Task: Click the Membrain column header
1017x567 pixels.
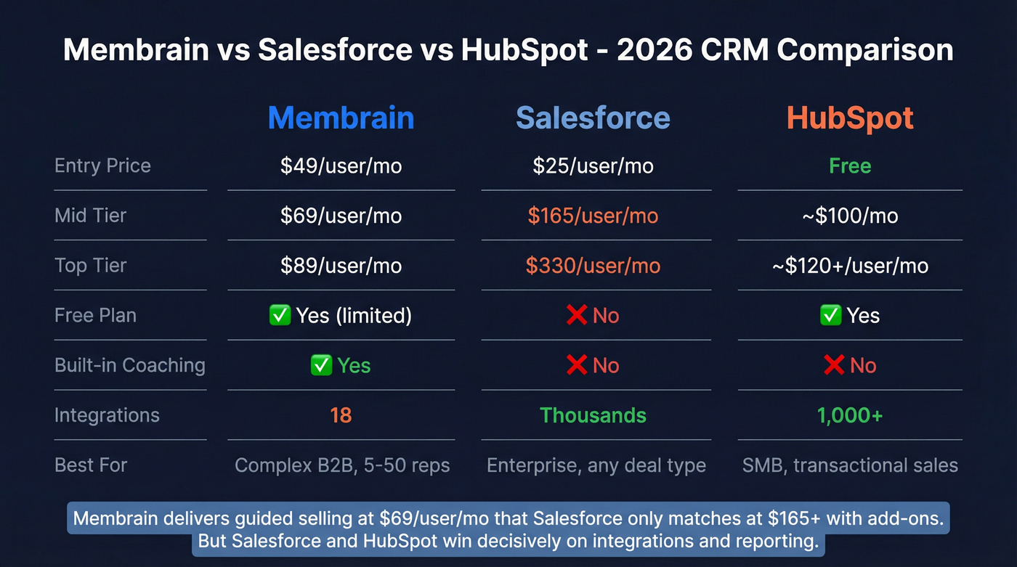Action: [x=341, y=118]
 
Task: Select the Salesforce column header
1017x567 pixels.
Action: [x=593, y=118]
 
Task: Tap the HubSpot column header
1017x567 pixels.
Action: [x=850, y=118]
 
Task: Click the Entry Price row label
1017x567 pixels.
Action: [x=102, y=166]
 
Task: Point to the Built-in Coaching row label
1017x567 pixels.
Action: [x=129, y=365]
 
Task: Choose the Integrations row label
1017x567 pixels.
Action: [x=107, y=415]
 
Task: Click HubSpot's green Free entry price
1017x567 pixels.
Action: [x=850, y=166]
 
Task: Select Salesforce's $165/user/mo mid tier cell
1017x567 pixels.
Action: [x=593, y=216]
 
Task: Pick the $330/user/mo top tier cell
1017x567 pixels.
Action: [x=593, y=266]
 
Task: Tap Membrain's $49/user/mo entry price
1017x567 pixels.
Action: [x=341, y=166]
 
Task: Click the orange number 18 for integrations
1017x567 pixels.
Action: [x=341, y=415]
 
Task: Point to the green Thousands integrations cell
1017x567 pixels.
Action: [x=593, y=415]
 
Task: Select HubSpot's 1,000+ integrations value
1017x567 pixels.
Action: [x=850, y=415]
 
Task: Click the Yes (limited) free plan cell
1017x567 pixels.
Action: [x=352, y=316]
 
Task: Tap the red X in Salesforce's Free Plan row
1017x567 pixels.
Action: [x=576, y=315]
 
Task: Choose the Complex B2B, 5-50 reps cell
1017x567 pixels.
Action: [x=342, y=465]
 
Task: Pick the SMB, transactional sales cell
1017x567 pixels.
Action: [x=850, y=465]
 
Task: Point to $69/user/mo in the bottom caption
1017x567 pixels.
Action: [x=431, y=519]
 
